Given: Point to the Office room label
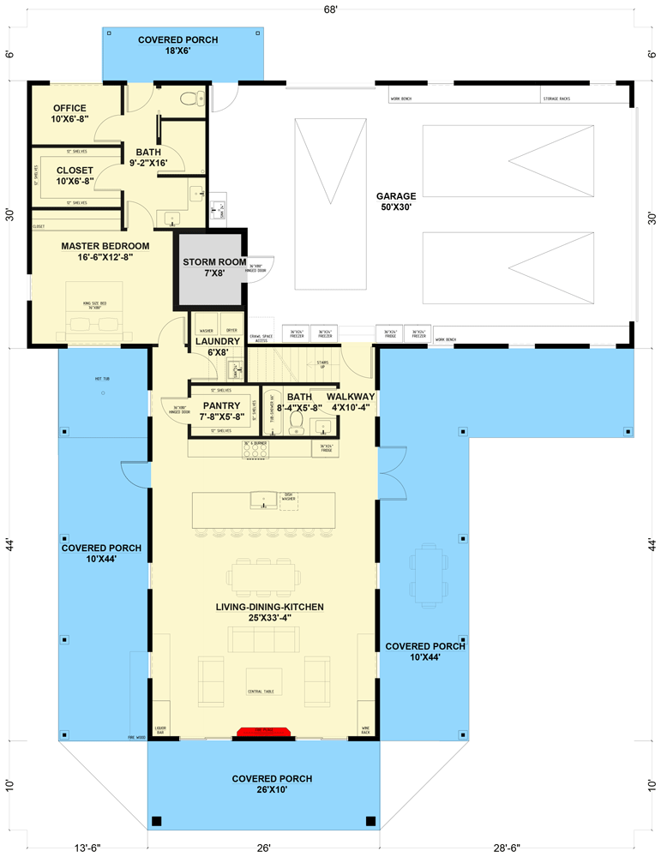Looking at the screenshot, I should coord(69,112).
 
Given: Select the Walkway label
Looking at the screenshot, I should coord(351,402).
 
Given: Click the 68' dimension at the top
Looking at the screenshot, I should coord(331,10).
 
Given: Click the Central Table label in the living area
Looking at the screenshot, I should coord(262,691).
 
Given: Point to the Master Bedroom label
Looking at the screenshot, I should coord(105,251).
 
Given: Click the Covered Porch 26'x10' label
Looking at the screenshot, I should coord(272,784).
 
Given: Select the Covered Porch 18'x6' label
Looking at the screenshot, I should coord(178,45).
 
